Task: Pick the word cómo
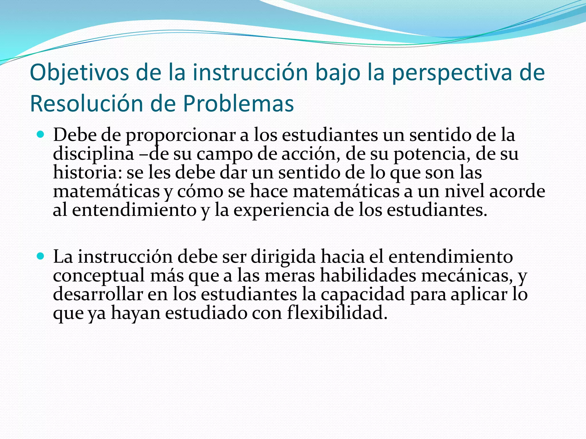(x=200, y=191)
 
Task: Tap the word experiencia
(x=281, y=210)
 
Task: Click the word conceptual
(x=99, y=276)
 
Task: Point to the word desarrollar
(x=98, y=294)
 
